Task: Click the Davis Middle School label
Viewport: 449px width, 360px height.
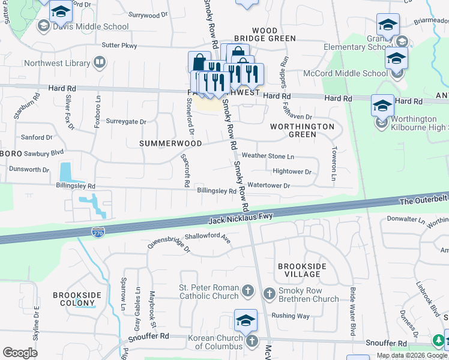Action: click(x=91, y=26)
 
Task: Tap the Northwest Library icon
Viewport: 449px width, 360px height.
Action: click(x=100, y=62)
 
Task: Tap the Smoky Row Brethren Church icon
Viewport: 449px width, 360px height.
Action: click(x=269, y=292)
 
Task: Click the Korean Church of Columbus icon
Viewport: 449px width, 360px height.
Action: click(x=252, y=341)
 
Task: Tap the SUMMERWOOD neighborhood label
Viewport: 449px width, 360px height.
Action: click(x=165, y=144)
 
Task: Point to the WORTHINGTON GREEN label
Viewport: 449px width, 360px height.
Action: click(x=302, y=130)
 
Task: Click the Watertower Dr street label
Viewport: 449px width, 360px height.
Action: click(x=269, y=186)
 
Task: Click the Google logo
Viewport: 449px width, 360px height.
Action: click(x=20, y=353)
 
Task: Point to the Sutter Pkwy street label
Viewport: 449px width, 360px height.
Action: click(x=119, y=45)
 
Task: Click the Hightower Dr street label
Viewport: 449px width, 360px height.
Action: click(x=292, y=172)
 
